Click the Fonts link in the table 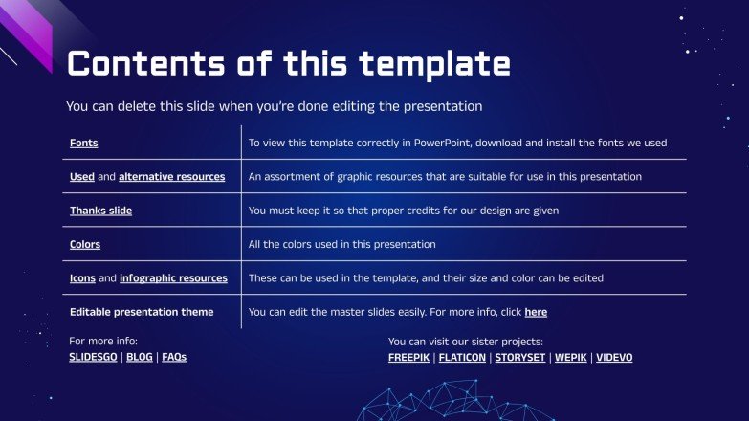tap(83, 143)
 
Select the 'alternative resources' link tap(171, 177)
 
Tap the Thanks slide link tap(100, 210)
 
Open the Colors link tap(84, 245)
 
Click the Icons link tap(82, 278)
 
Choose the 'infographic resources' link tap(173, 278)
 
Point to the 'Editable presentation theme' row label tap(142, 312)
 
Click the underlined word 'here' tap(536, 312)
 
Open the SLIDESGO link tap(94, 357)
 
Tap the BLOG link tap(140, 357)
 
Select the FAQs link tap(174, 357)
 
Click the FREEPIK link tap(408, 358)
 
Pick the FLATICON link tap(461, 358)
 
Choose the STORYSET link tap(520, 358)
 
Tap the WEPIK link tap(571, 358)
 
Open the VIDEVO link tap(614, 358)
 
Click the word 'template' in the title tap(434, 64)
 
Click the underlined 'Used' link tap(81, 177)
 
